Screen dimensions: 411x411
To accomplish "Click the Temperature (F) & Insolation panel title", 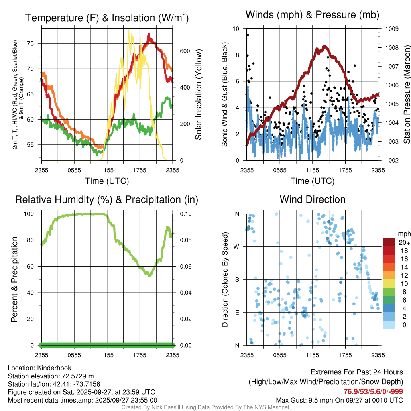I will tap(107, 18).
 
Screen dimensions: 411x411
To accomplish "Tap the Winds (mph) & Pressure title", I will tap(312, 15).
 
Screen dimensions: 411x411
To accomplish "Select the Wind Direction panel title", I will tap(312, 199).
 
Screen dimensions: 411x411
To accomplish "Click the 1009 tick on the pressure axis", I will tap(391, 29).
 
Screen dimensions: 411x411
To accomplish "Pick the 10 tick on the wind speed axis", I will tap(237, 29).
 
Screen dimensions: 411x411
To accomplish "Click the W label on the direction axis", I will tap(237, 246).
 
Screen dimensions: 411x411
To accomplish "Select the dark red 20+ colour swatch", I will tap(389, 242).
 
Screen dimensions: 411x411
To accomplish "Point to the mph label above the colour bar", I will tap(403, 234).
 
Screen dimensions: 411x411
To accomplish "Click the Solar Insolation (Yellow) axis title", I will tap(198, 95).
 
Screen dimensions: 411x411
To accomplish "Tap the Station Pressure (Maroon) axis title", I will tap(406, 95).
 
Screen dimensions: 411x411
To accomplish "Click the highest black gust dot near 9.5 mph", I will tap(248, 35).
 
